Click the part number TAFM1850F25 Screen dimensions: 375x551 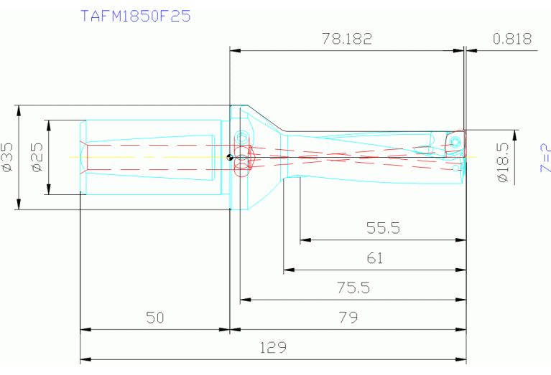(135, 16)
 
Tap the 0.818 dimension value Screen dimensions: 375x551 (512, 39)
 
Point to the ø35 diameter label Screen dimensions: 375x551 (8, 157)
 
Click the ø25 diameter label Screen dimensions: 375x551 (38, 157)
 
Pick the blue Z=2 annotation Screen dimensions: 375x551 (545, 158)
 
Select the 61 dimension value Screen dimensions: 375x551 (374, 258)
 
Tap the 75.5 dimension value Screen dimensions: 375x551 (353, 288)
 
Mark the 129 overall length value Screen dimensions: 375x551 (273, 348)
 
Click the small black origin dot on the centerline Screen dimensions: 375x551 (228, 158)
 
